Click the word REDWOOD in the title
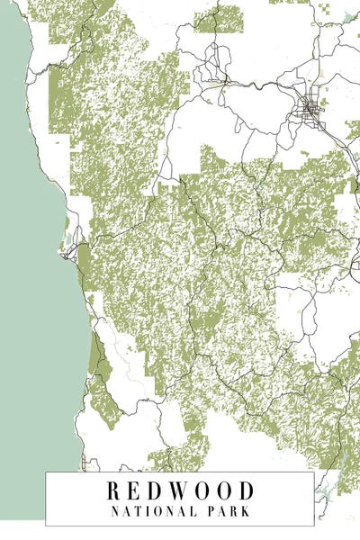click(181, 490)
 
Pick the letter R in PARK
click(237, 510)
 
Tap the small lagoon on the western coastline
click(67, 240)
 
